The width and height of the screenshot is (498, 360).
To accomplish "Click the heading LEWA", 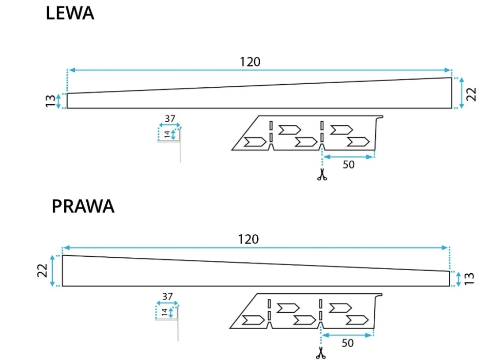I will coord(70,14).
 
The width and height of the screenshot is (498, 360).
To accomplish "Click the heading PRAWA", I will coord(83,206).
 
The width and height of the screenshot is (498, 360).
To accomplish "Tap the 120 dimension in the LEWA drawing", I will coord(250,62).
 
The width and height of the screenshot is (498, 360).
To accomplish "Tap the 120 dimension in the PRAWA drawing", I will coord(248,239).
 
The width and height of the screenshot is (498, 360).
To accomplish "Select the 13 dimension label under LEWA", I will coord(50,101).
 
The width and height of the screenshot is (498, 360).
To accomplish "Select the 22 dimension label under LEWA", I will coord(472,93).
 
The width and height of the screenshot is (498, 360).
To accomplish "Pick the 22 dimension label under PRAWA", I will coord(43,271).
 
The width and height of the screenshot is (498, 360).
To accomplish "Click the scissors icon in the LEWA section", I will coord(322,175).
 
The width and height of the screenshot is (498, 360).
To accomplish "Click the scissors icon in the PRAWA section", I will coord(321,353).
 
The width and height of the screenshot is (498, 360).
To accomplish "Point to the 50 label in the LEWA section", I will coord(349,165).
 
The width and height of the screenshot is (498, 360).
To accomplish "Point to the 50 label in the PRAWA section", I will coord(348,343).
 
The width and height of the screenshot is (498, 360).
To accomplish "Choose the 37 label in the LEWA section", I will coord(169,119).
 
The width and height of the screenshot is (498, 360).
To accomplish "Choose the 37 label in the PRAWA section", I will coord(167,296).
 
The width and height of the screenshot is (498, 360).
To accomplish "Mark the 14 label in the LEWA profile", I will coord(166,135).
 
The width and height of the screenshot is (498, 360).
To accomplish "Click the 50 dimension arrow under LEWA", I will coord(349,157).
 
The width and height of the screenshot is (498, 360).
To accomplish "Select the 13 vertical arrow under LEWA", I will coord(59,101).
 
